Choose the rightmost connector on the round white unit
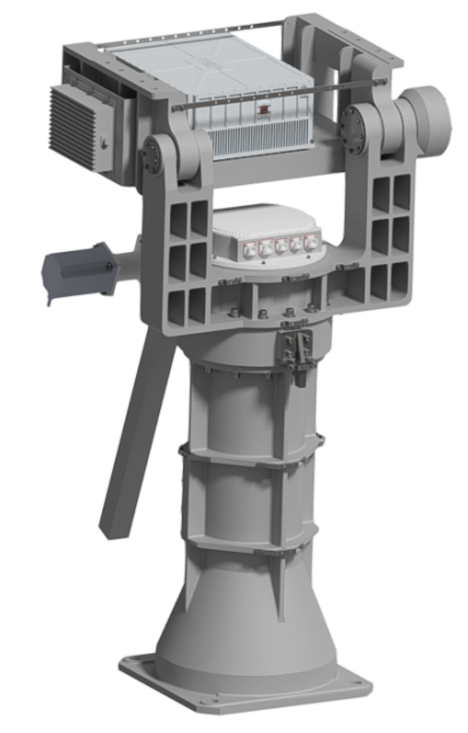coord(309,242)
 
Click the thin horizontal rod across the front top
coord(278,95)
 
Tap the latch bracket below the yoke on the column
coord(296,350)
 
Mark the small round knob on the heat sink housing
coord(104,142)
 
